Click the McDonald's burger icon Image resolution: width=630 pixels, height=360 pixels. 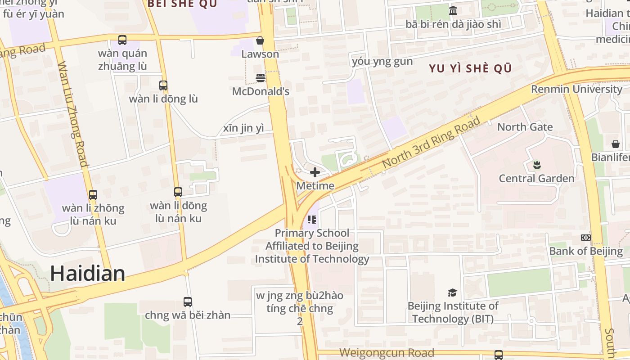pyautogui.click(x=261, y=78)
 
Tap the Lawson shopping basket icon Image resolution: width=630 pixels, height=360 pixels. pyautogui.click(x=260, y=40)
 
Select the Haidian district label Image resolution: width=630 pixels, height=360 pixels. pyautogui.click(x=87, y=273)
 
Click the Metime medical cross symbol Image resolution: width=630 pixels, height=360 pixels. pyautogui.click(x=315, y=172)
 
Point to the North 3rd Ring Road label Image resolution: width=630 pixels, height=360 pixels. pyautogui.click(x=431, y=143)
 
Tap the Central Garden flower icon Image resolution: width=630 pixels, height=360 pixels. pyautogui.click(x=536, y=165)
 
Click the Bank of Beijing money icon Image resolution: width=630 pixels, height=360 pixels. pyautogui.click(x=585, y=238)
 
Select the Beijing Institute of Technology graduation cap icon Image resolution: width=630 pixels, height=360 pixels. pyautogui.click(x=452, y=292)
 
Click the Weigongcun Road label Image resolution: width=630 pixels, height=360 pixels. pyautogui.click(x=387, y=353)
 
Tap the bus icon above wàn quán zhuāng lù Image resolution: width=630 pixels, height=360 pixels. pyautogui.click(x=122, y=40)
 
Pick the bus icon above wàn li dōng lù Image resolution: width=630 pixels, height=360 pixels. pyautogui.click(x=163, y=85)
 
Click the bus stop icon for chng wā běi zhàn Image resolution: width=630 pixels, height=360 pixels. pyautogui.click(x=188, y=301)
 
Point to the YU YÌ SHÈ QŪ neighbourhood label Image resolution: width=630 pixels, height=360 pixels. pyautogui.click(x=470, y=68)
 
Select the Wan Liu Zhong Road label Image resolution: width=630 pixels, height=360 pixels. pyautogui.click(x=73, y=114)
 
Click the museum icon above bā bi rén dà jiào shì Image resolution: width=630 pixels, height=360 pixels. pyautogui.click(x=453, y=10)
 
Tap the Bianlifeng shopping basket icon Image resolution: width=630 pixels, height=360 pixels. pyautogui.click(x=615, y=144)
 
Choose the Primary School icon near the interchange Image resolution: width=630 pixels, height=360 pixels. pyautogui.click(x=312, y=220)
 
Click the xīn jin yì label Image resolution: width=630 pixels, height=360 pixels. pyautogui.click(x=243, y=128)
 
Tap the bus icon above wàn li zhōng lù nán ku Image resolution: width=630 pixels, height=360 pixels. pyautogui.click(x=93, y=195)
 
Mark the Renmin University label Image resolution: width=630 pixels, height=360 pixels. pyautogui.click(x=576, y=89)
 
